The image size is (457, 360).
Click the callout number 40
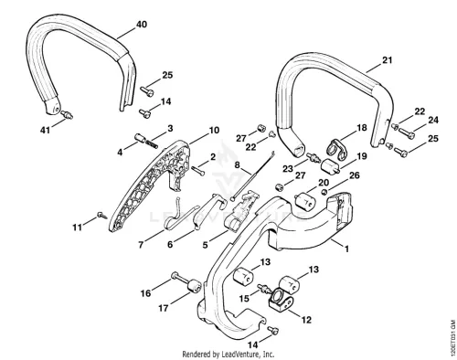click(141, 25)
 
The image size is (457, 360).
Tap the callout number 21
click(387, 60)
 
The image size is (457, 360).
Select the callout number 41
click(45, 130)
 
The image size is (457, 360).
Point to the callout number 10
click(214, 130)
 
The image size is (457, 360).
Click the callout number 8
click(238, 164)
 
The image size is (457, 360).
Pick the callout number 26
click(354, 175)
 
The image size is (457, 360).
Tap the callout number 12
click(306, 320)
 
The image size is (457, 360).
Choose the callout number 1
click(346, 249)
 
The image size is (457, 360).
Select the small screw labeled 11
click(102, 216)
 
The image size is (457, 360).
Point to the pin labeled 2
click(198, 170)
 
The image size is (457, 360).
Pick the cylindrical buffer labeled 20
click(303, 202)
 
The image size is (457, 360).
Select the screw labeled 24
click(407, 132)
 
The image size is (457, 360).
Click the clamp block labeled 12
click(281, 301)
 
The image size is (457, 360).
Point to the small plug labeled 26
click(324, 192)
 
